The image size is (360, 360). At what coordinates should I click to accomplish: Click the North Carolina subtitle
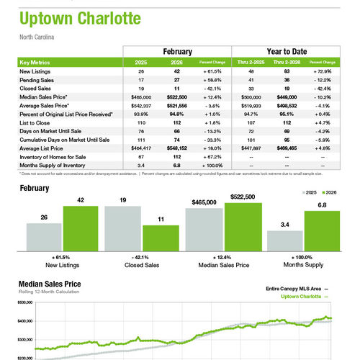[x=37, y=36]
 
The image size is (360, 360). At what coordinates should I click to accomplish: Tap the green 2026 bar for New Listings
[x=81, y=228]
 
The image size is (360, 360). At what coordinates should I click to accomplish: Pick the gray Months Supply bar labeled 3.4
[x=284, y=240]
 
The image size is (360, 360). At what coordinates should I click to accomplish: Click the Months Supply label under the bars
[x=304, y=264]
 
